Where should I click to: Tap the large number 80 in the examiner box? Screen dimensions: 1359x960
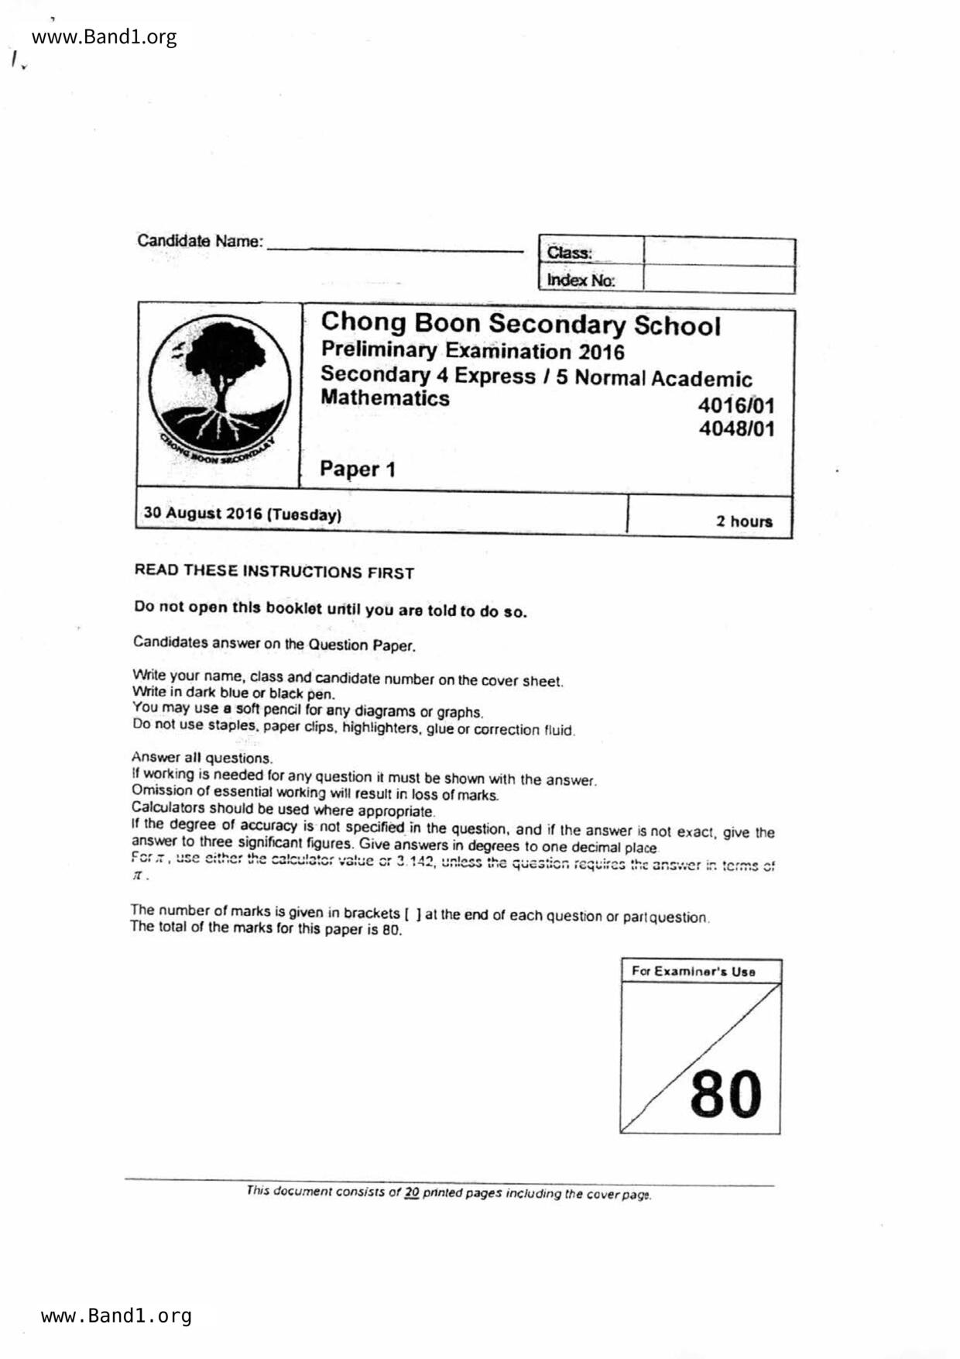pos(725,1094)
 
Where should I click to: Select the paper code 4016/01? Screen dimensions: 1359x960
pos(735,405)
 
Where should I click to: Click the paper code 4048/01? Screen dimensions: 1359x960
pos(736,428)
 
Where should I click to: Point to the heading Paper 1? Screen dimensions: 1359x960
pos(358,469)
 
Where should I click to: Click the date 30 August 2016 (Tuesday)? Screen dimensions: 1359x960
pos(242,514)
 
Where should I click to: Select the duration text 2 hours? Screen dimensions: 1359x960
pos(744,521)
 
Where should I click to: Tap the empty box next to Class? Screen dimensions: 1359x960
pos(718,253)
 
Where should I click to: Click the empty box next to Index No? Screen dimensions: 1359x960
pos(718,280)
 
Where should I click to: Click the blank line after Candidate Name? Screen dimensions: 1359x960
pos(395,245)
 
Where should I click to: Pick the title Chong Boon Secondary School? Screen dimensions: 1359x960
pos(520,325)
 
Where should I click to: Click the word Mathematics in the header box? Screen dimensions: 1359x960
pos(385,398)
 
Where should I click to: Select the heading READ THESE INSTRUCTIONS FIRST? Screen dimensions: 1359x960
pos(274,572)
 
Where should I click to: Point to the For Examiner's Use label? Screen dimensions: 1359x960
pos(693,971)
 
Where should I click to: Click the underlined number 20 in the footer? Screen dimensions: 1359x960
pos(411,1192)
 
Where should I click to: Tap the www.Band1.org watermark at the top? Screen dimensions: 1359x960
pos(105,37)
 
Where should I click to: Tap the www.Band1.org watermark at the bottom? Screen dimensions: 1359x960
pos(116,1316)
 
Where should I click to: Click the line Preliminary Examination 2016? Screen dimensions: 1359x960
pos(472,351)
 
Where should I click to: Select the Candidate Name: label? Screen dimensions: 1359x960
pos(200,241)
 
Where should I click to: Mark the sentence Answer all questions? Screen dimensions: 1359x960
pos(202,758)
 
